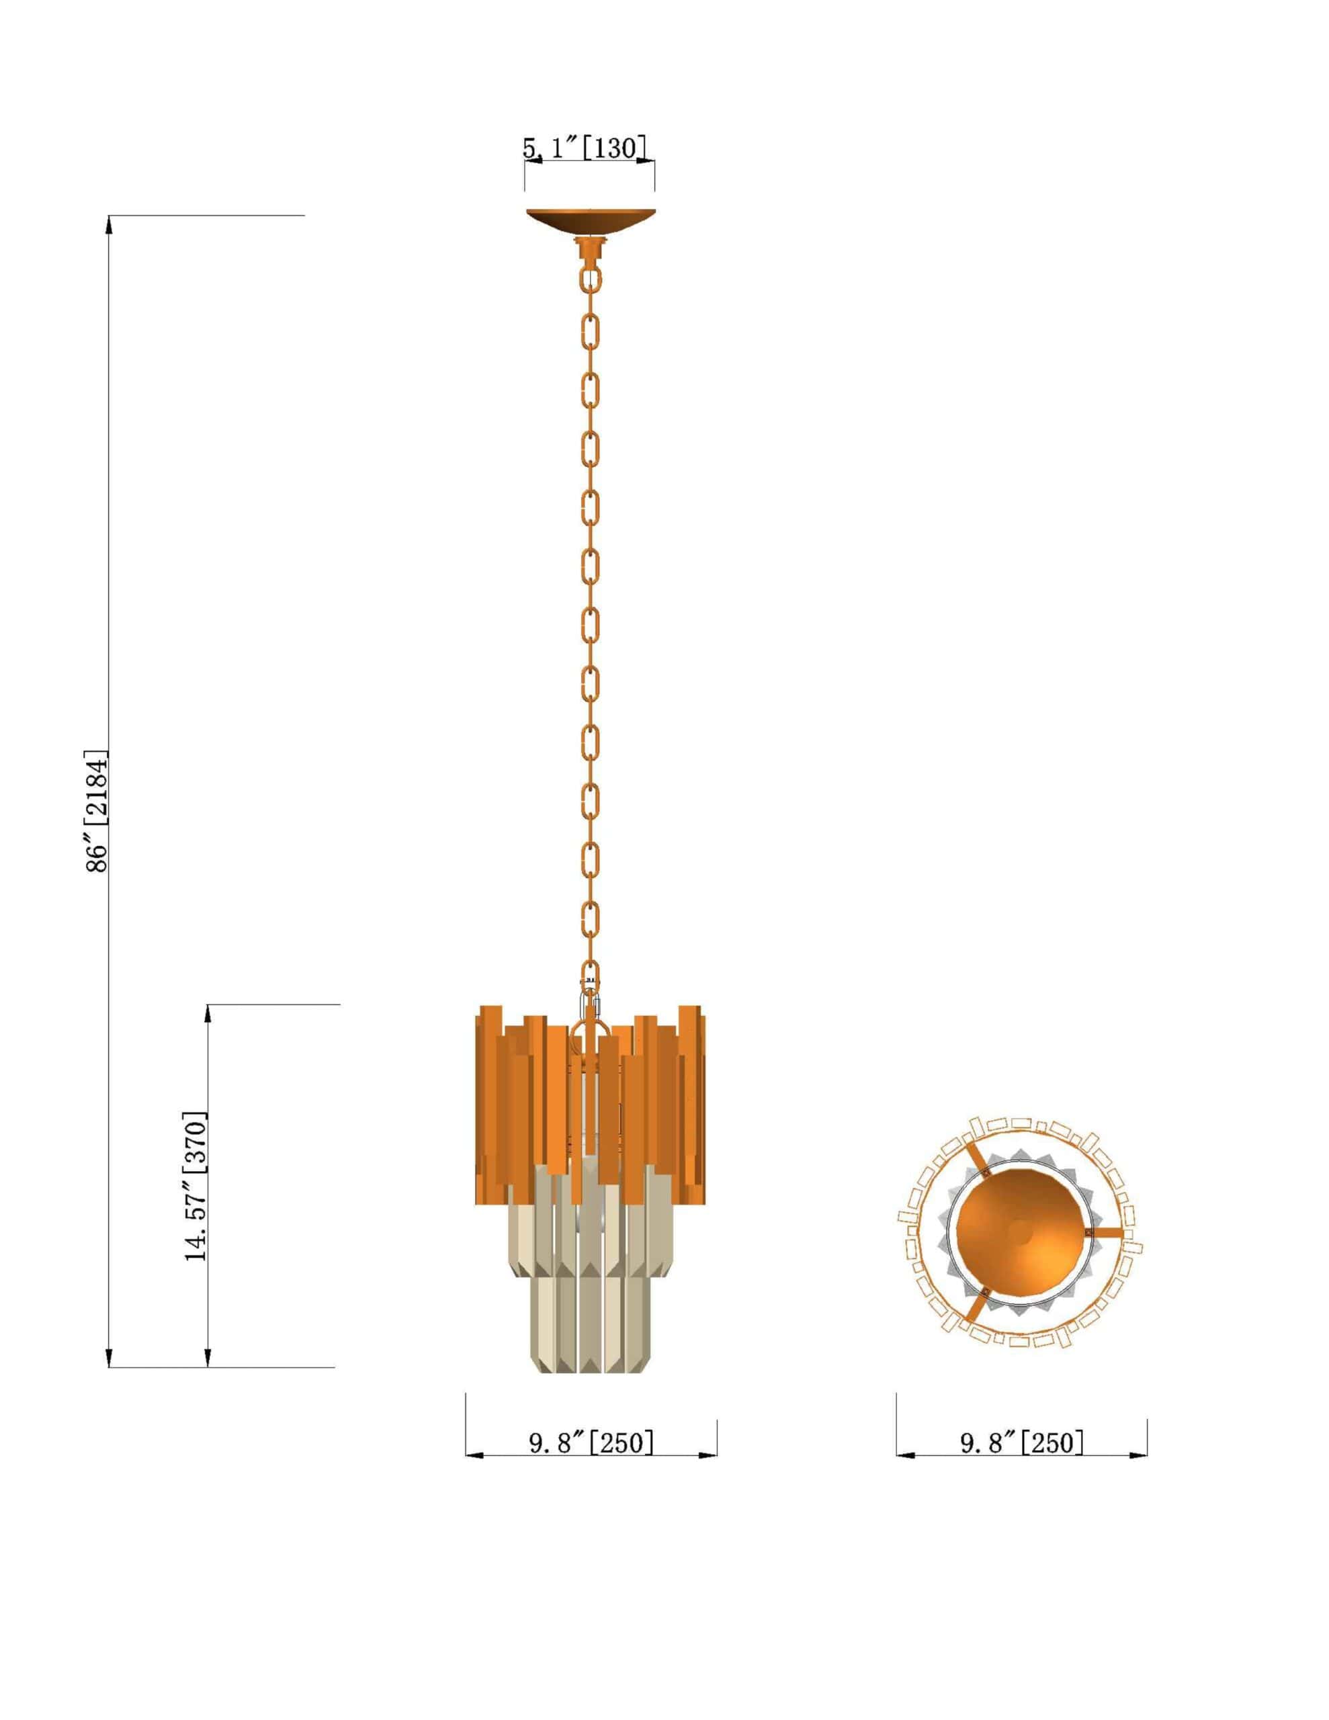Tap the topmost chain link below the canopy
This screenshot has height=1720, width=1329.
pos(590,278)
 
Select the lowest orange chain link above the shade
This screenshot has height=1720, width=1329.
pos(590,972)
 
